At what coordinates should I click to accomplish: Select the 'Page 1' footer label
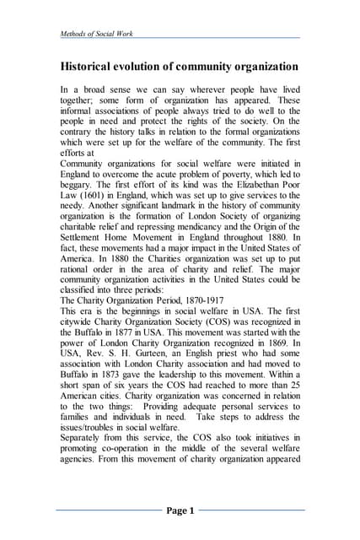pyautogui.click(x=180, y=510)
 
